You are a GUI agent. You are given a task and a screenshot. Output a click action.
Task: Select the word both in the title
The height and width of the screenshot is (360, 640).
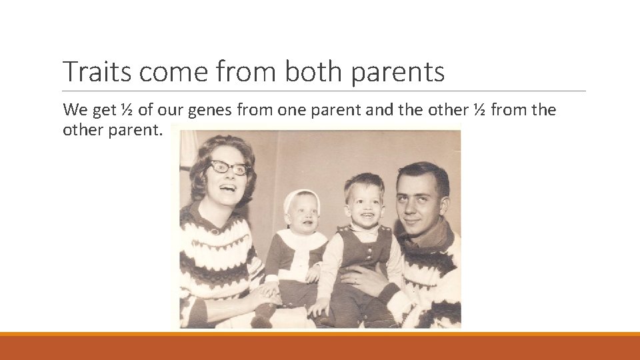point(313,71)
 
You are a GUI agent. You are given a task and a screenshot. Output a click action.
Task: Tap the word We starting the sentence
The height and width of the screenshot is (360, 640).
point(74,110)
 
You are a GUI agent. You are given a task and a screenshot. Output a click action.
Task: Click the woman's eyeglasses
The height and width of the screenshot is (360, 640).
point(229,168)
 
